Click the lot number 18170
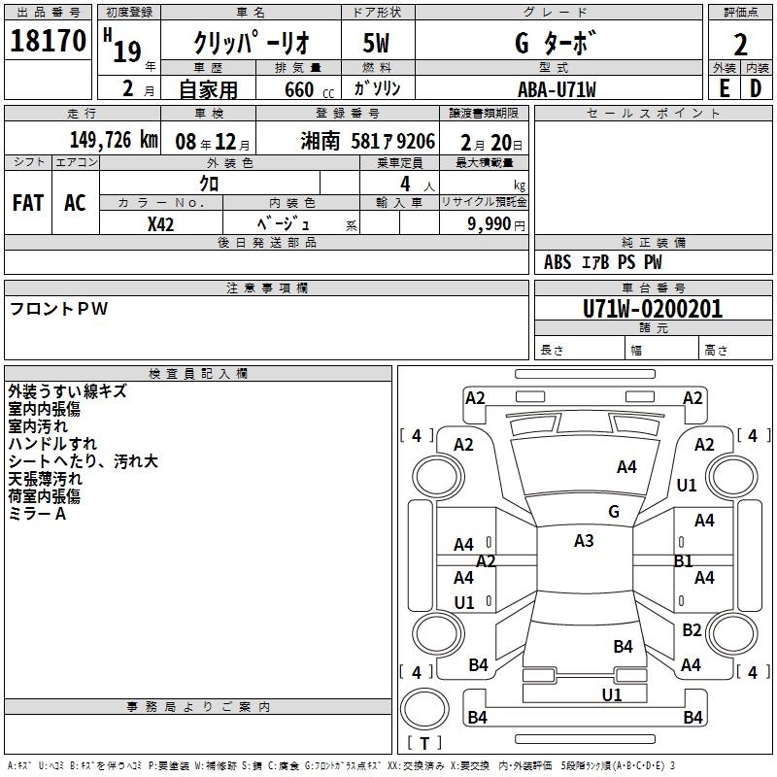[48, 40]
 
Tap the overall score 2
[740, 45]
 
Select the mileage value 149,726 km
[114, 140]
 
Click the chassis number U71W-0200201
[653, 309]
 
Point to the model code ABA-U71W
[557, 89]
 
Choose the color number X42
[160, 224]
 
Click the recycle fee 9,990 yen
[496, 224]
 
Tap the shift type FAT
[28, 203]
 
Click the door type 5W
[376, 43]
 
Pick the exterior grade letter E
[724, 89]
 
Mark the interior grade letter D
[756, 89]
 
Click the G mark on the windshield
[614, 512]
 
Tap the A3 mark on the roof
[584, 541]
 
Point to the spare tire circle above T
[424, 709]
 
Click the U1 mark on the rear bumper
[612, 695]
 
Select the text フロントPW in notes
[58, 309]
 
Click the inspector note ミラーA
[37, 514]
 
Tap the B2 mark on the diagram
[692, 629]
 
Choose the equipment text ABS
[557, 262]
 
